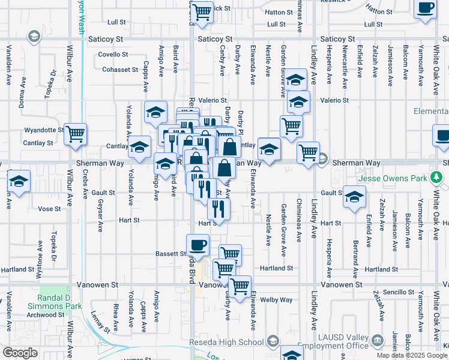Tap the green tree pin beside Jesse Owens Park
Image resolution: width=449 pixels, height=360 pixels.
[x=439, y=178]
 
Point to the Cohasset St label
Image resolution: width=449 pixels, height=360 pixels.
[x=120, y=70]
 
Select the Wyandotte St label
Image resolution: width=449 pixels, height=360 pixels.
[x=44, y=130]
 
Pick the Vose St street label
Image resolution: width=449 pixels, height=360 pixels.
[x=49, y=209]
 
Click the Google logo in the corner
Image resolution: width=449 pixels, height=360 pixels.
[x=20, y=353]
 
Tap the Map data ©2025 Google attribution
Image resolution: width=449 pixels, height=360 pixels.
[x=412, y=355]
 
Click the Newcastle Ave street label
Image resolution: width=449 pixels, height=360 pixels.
[x=345, y=62]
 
